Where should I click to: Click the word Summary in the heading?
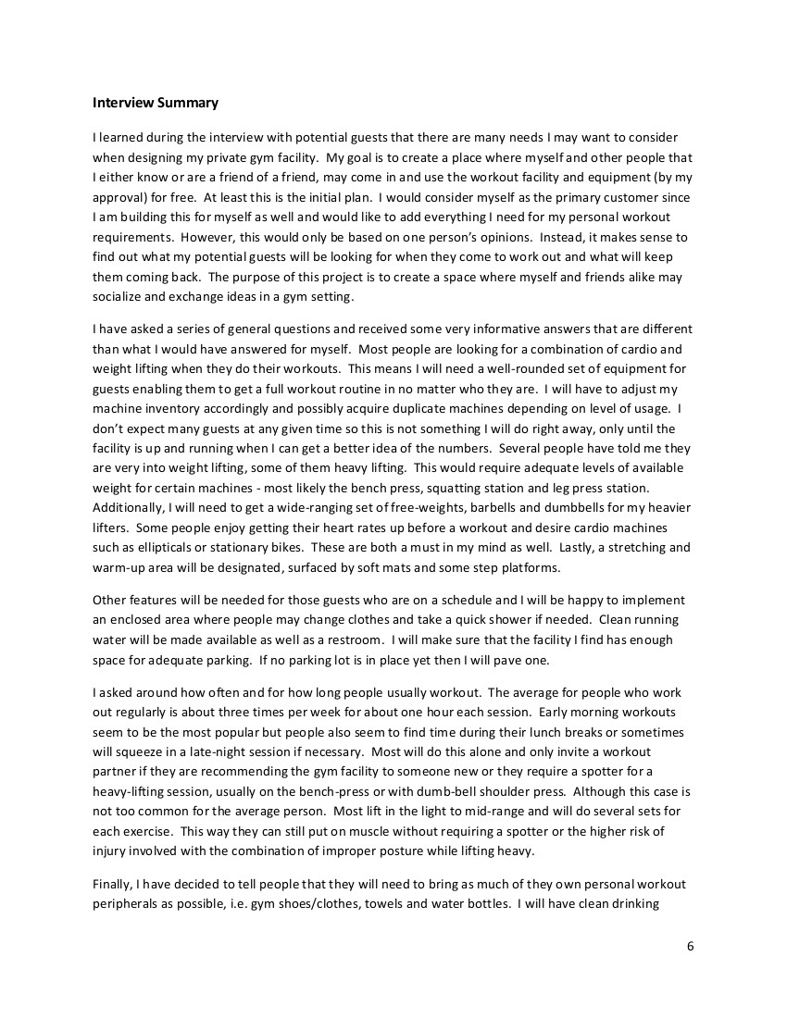click(188, 101)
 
